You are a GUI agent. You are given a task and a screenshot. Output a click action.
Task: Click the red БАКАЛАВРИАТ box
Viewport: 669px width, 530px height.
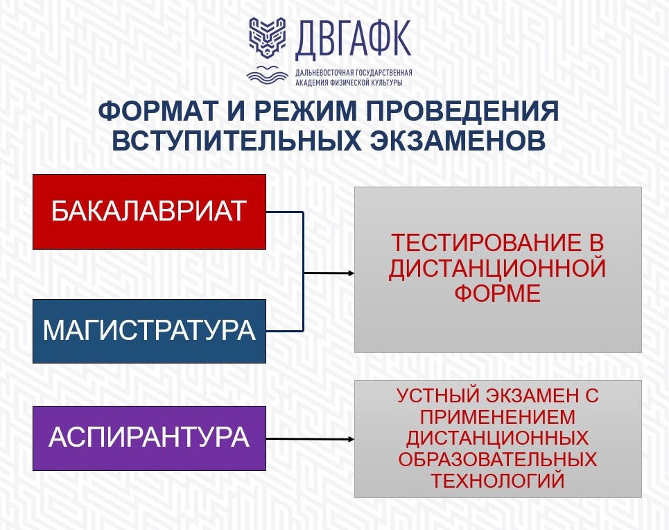pyautogui.click(x=149, y=212)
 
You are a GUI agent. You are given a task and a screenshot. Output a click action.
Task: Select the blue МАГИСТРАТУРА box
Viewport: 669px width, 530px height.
pyautogui.click(x=149, y=331)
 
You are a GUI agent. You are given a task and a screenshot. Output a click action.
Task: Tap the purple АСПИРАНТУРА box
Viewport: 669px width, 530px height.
pyautogui.click(x=149, y=438)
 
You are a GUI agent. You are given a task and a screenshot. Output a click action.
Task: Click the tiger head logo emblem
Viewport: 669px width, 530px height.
pyautogui.click(x=267, y=37)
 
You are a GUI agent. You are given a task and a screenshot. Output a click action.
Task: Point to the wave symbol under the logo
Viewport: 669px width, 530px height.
pyautogui.click(x=267, y=75)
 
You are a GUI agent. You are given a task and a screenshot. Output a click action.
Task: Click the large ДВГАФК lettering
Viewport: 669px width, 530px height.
pyautogui.click(x=353, y=40)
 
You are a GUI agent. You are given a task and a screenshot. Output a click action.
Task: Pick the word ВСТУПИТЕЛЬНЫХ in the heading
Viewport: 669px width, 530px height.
pyautogui.click(x=237, y=141)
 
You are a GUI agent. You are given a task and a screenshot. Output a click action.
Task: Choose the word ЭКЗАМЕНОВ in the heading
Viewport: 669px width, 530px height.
pyautogui.click(x=458, y=141)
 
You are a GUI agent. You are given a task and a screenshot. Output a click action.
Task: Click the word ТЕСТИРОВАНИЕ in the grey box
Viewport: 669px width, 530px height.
pyautogui.click(x=487, y=243)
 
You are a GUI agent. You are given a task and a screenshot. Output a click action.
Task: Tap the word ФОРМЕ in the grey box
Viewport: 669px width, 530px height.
pyautogui.click(x=498, y=293)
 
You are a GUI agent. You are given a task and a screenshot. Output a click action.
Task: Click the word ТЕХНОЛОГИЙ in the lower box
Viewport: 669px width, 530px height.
pyautogui.click(x=498, y=481)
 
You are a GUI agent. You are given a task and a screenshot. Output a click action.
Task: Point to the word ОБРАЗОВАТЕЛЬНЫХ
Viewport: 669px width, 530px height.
pyautogui.click(x=498, y=459)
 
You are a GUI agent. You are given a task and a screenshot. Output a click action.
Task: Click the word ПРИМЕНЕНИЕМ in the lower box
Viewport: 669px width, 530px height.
pyautogui.click(x=498, y=417)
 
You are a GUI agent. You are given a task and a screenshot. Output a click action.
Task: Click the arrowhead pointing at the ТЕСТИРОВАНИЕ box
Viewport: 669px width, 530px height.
pyautogui.click(x=351, y=273)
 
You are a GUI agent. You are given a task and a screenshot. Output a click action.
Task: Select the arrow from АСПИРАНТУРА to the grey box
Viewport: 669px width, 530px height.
pyautogui.click(x=310, y=439)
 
